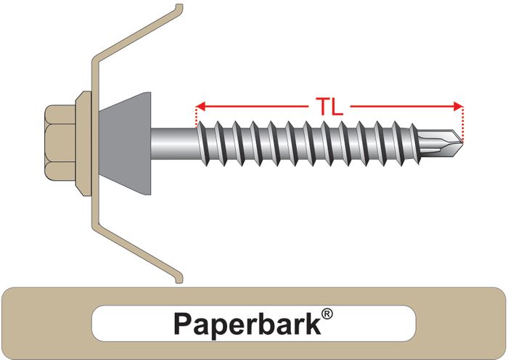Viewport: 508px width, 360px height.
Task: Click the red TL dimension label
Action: tap(329, 106)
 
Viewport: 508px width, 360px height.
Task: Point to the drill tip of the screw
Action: tap(455, 137)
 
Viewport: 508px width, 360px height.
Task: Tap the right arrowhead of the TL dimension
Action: tap(457, 106)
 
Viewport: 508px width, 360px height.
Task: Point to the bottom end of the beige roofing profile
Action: tap(179, 278)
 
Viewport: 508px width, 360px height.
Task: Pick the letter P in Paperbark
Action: tap(181, 323)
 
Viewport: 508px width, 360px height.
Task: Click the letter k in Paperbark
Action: tap(312, 323)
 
